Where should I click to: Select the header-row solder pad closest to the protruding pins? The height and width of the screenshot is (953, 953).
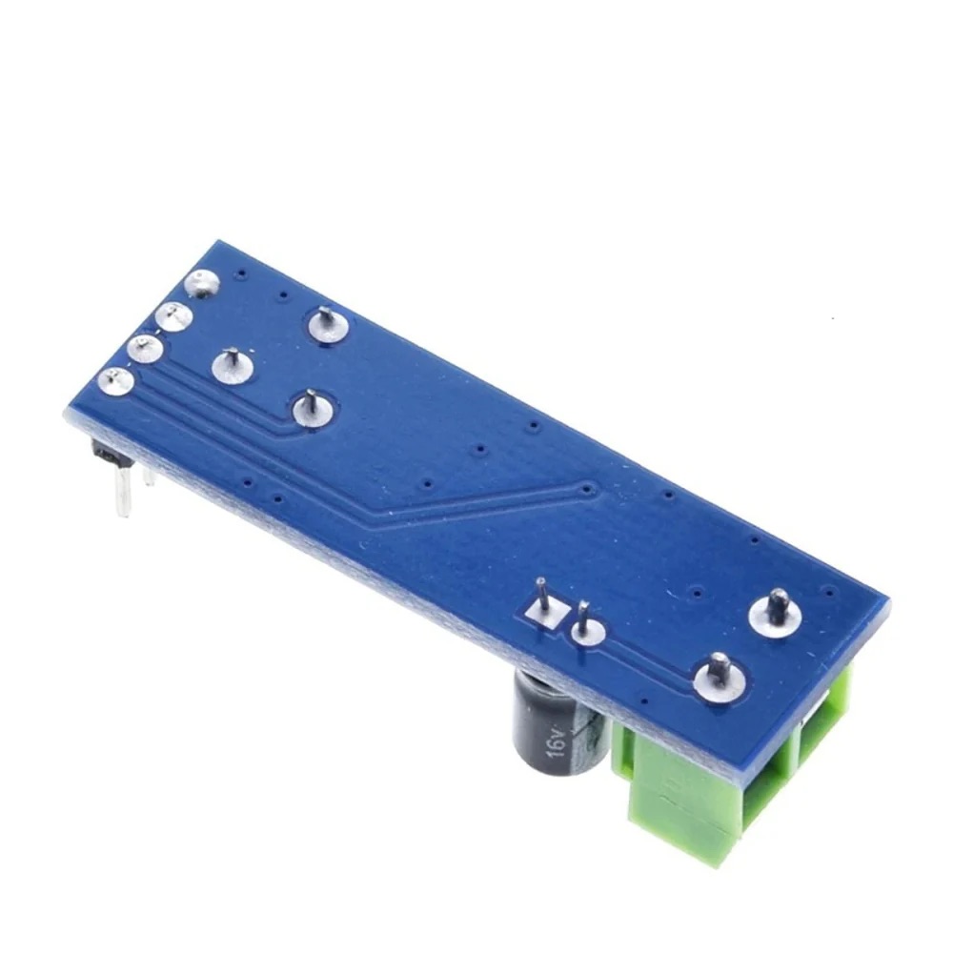pyautogui.click(x=116, y=383)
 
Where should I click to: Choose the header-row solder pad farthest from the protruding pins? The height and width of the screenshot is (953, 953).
pyautogui.click(x=204, y=283)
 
